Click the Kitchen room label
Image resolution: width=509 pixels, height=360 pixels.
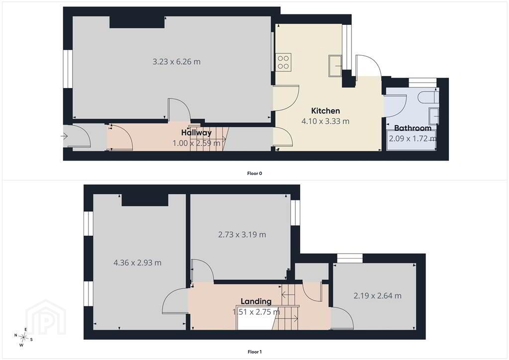[325, 111]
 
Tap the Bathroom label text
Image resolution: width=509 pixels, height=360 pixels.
[413, 128]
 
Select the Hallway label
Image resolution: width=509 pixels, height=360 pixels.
[196, 132]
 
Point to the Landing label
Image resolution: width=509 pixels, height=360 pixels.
[256, 301]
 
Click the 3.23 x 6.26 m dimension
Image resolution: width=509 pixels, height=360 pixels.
[176, 61]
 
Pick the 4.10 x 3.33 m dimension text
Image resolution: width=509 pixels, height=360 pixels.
[325, 121]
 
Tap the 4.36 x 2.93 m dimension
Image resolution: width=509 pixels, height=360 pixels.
[137, 263]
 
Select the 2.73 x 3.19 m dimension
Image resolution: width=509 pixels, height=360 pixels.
[242, 234]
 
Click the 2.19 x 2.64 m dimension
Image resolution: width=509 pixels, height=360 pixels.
[377, 296]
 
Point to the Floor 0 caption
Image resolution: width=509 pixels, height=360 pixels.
[254, 174]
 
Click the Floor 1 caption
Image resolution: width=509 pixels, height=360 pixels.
[254, 352]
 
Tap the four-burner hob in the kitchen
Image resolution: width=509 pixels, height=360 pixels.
[283, 62]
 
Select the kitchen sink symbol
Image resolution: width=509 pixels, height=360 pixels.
[335, 66]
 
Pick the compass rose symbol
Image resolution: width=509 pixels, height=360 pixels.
[23, 338]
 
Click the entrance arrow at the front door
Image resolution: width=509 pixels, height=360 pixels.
[64, 136]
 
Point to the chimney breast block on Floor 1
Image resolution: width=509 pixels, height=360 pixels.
[145, 200]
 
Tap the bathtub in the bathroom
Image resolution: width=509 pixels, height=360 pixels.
[411, 140]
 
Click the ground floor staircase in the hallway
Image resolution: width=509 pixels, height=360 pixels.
[210, 139]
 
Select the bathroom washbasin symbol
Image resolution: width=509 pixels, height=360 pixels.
[433, 115]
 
